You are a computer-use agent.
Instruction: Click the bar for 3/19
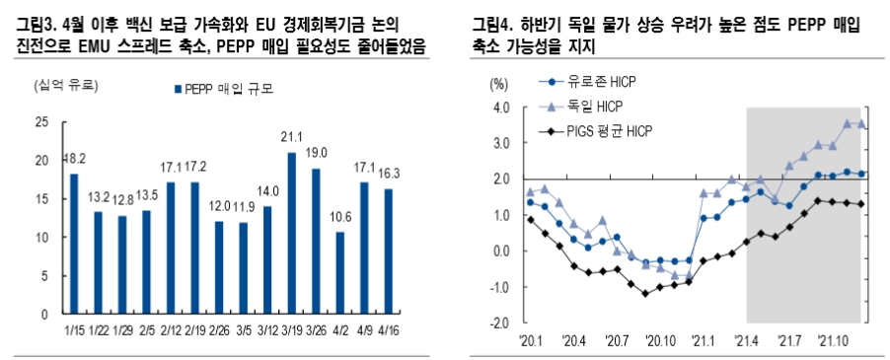pyautogui.click(x=291, y=233)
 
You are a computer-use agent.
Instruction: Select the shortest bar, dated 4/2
pyautogui.click(x=339, y=273)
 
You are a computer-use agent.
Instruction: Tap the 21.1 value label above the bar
pyautogui.click(x=291, y=137)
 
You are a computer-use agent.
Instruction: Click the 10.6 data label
pyautogui.click(x=339, y=218)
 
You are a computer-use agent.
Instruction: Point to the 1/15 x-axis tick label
pyautogui.click(x=73, y=330)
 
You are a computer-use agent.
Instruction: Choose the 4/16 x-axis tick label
pyautogui.click(x=388, y=330)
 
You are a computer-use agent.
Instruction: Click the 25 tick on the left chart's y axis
pyautogui.click(x=41, y=122)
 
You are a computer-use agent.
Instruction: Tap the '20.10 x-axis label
pyautogui.click(x=661, y=341)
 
